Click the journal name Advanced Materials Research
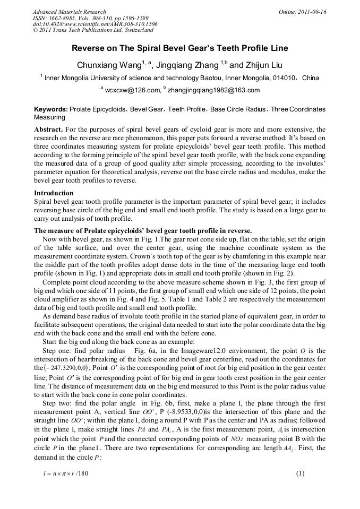coord(69,12)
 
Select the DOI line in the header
coord(95,24)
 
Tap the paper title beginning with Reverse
coord(180,48)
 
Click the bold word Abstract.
coord(49,129)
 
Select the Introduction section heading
coord(54,193)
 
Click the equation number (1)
coord(300,474)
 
